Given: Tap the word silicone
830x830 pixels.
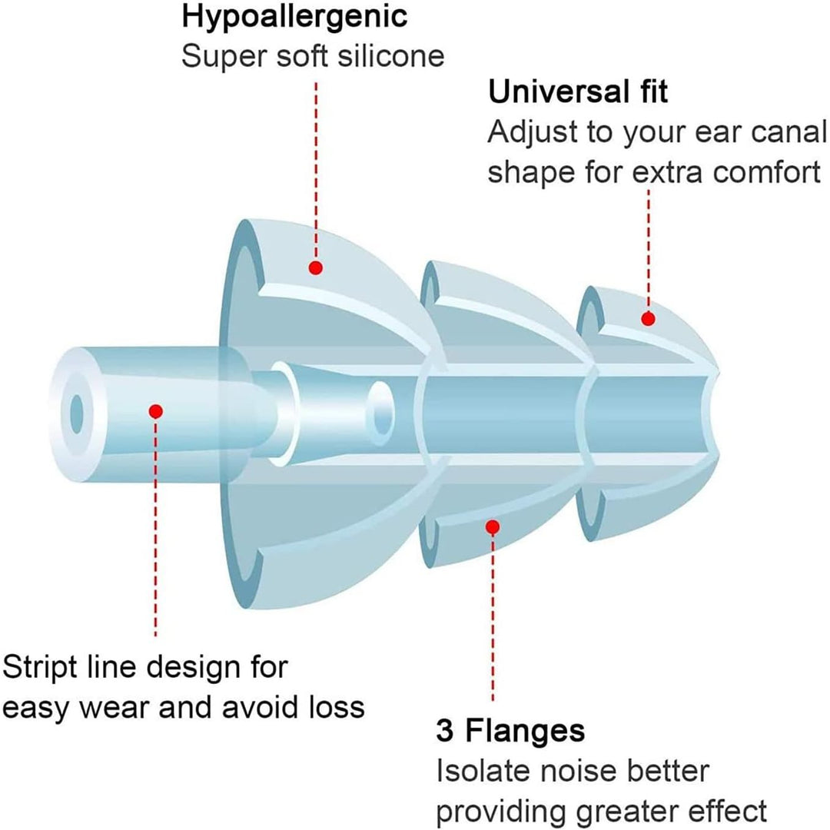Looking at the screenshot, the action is point(391,56).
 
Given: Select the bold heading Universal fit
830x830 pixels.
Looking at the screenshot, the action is point(577,91).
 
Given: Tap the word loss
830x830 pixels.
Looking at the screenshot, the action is point(337,708).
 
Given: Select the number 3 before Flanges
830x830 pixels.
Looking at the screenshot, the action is point(445,731).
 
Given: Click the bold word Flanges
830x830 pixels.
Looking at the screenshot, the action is point(525,732).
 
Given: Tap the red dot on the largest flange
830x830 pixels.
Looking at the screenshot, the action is point(316,268).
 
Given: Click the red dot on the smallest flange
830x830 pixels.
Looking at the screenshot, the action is point(648,319).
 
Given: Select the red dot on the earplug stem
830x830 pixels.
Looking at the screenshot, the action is point(155,411).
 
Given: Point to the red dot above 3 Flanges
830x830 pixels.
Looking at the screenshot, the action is point(493,527).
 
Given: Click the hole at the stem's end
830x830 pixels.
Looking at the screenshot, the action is point(78,413).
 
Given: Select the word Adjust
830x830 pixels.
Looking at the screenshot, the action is point(533,133).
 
